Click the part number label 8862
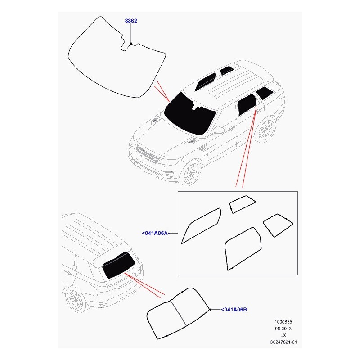pyautogui.click(x=131, y=21)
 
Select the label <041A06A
pyautogui.click(x=155, y=233)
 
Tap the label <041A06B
pyautogui.click(x=234, y=310)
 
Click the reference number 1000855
pyautogui.click(x=283, y=322)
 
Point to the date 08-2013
pyautogui.click(x=283, y=328)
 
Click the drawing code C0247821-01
pyautogui.click(x=283, y=342)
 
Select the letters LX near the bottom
pyautogui.click(x=283, y=335)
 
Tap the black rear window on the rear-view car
pyautogui.click(x=119, y=265)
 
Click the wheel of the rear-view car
pyautogui.click(x=75, y=299)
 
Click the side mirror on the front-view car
pyautogui.click(x=218, y=130)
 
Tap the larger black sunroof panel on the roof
pyautogui.click(x=205, y=82)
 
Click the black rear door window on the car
pyautogui.click(x=247, y=105)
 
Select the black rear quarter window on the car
pyautogui.click(x=265, y=93)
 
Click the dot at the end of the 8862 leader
pyautogui.click(x=131, y=43)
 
